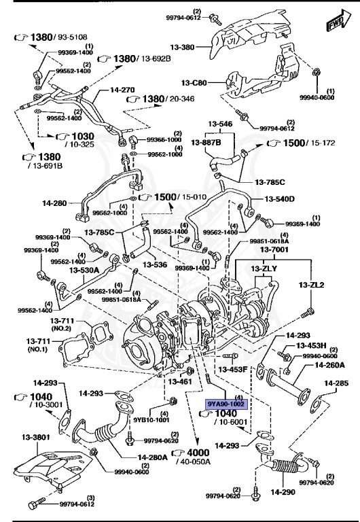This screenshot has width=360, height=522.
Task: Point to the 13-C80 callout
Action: (194, 83)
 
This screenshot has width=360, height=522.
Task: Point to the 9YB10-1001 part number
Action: (151, 420)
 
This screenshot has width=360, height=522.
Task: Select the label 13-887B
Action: (206, 142)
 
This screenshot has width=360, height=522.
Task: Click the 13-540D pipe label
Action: (280, 199)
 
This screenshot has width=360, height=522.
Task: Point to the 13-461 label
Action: (180, 383)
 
